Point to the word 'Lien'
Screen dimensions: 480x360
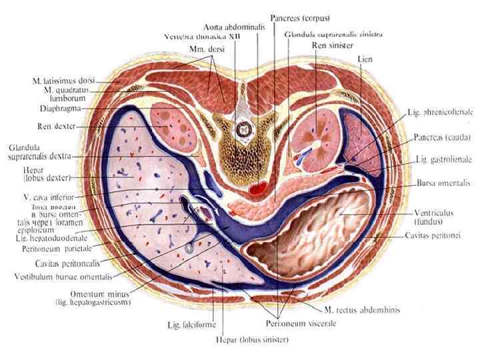[x=363, y=59]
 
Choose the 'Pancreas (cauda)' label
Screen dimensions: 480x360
[x=442, y=137]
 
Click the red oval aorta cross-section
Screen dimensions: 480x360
[x=256, y=188]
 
